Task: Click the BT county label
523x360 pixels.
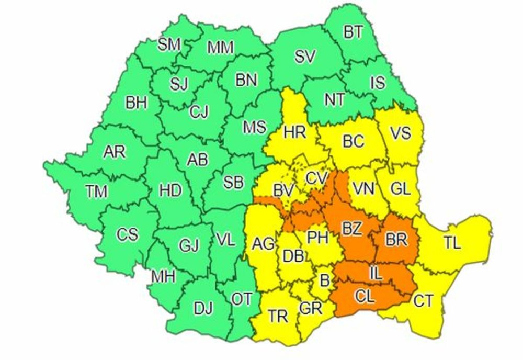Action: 354,32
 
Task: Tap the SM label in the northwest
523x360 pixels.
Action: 169,45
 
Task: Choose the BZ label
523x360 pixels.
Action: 354,228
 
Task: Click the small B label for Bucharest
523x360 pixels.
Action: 325,281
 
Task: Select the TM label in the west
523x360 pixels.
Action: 97,192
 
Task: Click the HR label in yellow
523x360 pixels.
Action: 294,132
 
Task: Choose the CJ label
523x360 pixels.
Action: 199,111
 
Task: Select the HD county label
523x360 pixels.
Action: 170,190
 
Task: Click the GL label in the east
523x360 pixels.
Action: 401,189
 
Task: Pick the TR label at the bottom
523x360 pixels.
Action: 278,316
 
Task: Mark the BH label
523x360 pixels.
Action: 136,103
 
